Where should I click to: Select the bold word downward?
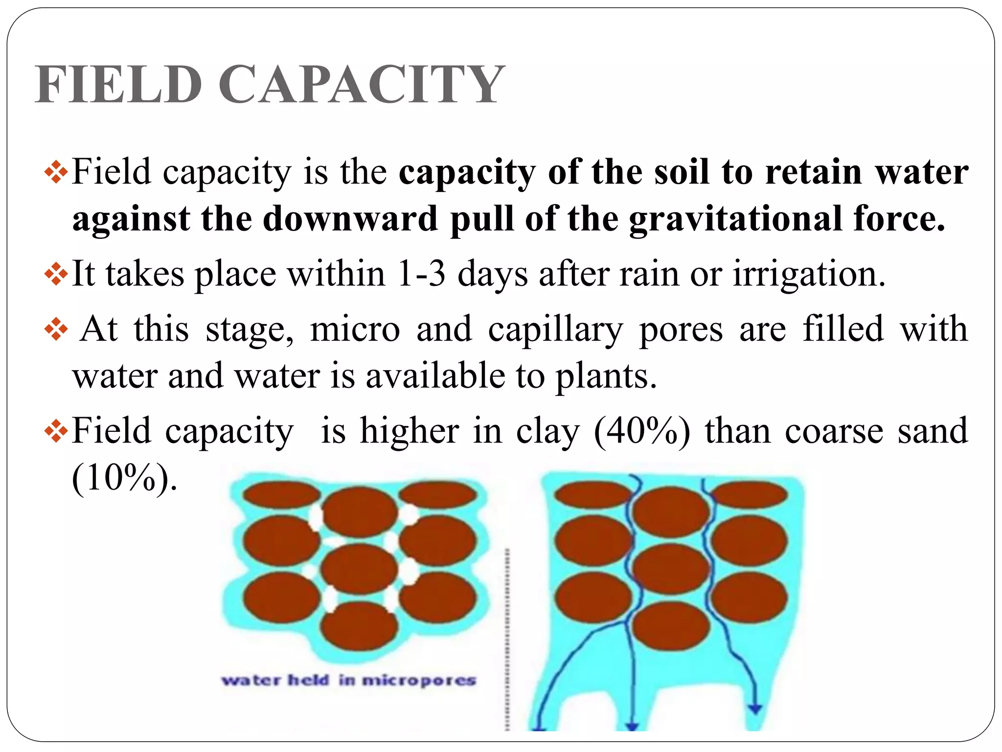point(350,219)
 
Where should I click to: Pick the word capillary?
point(555,329)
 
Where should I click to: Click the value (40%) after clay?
point(642,431)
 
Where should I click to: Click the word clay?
point(548,431)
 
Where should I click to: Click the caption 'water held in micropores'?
point(348,680)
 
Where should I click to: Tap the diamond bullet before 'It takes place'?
point(56,274)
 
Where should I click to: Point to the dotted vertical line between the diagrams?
point(507,636)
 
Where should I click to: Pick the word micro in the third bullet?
point(355,329)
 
